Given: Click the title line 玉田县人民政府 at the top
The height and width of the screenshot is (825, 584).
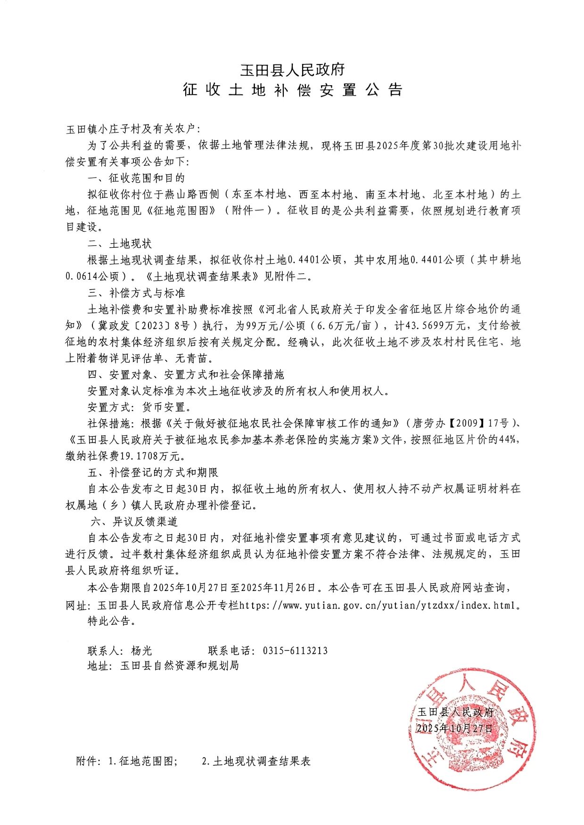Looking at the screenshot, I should click(292, 70).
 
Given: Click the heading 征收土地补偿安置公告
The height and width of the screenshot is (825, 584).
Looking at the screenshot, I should click(292, 90).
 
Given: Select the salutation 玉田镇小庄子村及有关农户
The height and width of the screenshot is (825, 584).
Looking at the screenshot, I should click(133, 129).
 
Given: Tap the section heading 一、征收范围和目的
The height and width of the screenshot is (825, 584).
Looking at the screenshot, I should click(136, 178).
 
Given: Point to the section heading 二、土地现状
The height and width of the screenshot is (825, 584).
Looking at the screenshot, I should click(119, 243).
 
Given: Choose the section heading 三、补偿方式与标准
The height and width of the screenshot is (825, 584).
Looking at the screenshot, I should click(136, 292).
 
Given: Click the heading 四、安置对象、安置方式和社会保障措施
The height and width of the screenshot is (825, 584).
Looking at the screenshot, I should click(186, 374).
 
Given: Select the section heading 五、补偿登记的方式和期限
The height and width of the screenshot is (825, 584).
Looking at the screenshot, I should click(153, 472).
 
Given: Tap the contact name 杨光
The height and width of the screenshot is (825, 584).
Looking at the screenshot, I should click(141, 650).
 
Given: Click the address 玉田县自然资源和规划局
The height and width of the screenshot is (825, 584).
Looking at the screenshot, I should click(179, 665).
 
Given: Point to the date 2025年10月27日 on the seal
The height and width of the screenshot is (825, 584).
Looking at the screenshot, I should click(455, 728).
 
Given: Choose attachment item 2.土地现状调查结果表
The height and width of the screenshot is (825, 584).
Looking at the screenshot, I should click(256, 761).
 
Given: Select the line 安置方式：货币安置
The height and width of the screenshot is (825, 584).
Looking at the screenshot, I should click(139, 407).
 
